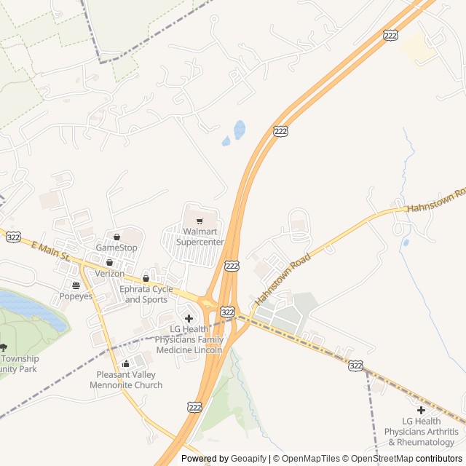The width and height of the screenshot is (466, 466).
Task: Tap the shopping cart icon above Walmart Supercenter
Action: (x=200, y=221)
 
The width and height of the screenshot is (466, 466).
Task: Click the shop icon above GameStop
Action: (x=116, y=237)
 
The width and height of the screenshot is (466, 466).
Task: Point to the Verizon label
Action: (x=110, y=273)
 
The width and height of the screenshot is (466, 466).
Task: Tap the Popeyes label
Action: (x=75, y=296)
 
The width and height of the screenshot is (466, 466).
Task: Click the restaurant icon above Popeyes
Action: (x=76, y=285)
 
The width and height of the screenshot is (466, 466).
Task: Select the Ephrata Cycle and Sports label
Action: (x=146, y=294)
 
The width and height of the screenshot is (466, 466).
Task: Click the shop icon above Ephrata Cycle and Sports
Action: (x=146, y=278)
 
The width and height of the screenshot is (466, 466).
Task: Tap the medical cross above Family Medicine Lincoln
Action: (x=189, y=318)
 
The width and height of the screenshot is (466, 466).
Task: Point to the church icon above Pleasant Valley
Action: (x=126, y=364)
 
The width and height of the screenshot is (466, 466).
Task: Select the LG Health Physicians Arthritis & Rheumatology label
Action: (x=421, y=431)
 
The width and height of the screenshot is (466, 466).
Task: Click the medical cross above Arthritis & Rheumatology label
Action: (x=421, y=410)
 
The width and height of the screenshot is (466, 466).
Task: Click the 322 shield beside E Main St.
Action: (x=13, y=237)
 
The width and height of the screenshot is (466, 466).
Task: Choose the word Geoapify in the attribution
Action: (x=248, y=459)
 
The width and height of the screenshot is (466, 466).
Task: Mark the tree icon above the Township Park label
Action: (x=4, y=347)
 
